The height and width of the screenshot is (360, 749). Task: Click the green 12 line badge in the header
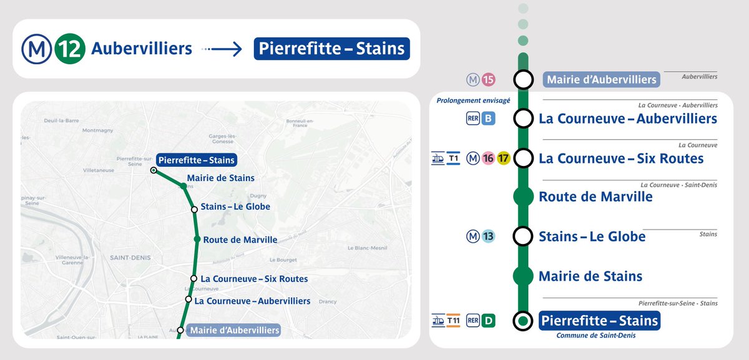[71, 49]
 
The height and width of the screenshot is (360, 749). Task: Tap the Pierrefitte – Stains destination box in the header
[331, 49]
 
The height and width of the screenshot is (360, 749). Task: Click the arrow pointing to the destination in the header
[223, 49]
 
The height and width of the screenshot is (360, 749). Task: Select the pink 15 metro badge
[488, 79]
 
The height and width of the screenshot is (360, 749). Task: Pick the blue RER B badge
[488, 118]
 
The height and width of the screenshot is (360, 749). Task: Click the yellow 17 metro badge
[504, 158]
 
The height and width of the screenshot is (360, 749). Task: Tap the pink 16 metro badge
[488, 158]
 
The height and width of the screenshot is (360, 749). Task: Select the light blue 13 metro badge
[488, 236]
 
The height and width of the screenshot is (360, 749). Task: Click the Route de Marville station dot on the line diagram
[523, 197]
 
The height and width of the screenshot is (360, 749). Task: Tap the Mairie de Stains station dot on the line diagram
[523, 276]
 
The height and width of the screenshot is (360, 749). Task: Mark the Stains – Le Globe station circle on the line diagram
[523, 236]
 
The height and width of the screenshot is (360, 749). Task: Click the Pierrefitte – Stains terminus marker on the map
[154, 170]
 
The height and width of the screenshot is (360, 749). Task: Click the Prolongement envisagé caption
[473, 100]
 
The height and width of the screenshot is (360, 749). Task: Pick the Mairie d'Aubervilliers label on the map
[235, 330]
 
